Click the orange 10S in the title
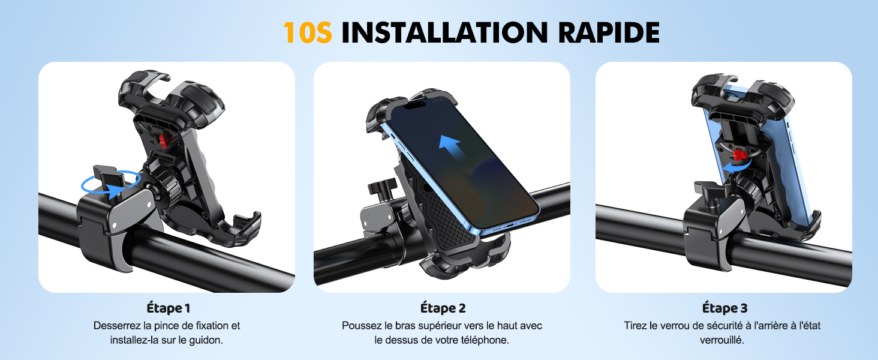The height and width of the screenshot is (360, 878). [x=307, y=32]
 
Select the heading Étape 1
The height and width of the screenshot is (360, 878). [x=168, y=308]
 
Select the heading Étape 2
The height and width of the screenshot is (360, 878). [x=443, y=308]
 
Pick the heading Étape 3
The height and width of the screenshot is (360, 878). [x=724, y=308]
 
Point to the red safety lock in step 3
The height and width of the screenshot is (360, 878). [x=741, y=155]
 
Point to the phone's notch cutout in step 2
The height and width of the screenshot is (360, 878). [x=417, y=103]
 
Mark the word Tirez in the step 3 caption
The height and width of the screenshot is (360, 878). [x=636, y=326]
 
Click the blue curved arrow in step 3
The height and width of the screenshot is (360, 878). [x=728, y=166]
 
